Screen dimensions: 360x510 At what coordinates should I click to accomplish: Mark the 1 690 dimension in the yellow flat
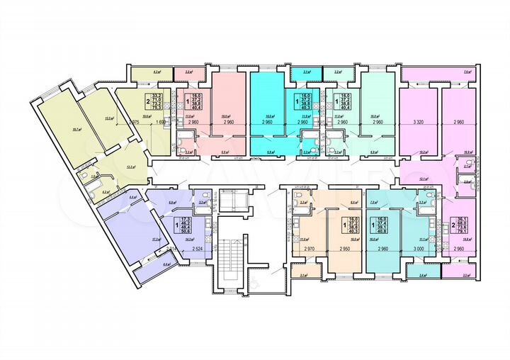[x=161, y=122]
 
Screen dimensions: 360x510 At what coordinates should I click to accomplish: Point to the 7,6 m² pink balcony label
[x=467, y=72]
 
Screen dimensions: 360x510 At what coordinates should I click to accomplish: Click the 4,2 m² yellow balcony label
[x=158, y=72]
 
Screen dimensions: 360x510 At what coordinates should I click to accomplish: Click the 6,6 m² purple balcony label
[x=147, y=264]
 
